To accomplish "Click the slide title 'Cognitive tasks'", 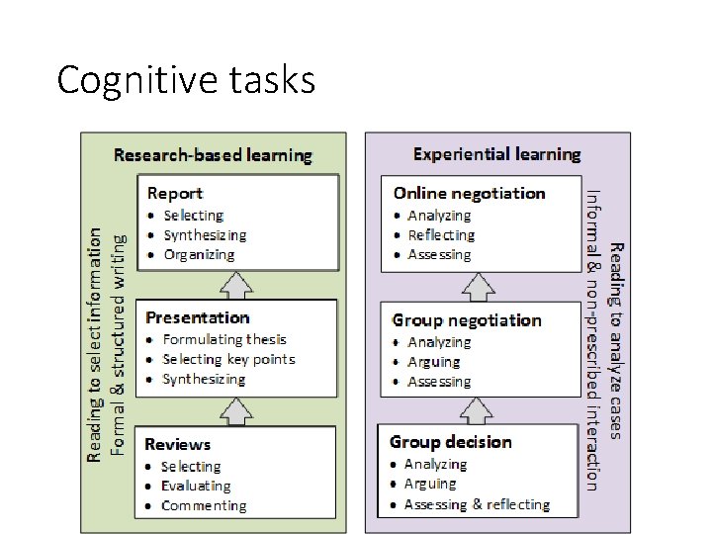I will pyautogui.click(x=186, y=79).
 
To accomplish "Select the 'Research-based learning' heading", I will pyautogui.click(x=213, y=154).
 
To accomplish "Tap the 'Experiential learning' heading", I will pyautogui.click(x=496, y=154).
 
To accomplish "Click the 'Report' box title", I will pyautogui.click(x=175, y=193).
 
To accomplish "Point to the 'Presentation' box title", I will pyautogui.click(x=197, y=317).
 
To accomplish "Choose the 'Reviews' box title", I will pyautogui.click(x=178, y=444).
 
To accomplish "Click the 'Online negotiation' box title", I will pyautogui.click(x=469, y=193).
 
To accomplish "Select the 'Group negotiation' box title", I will pyautogui.click(x=467, y=320).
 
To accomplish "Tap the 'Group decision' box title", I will pyautogui.click(x=451, y=441).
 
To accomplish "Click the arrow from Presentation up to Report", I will pyautogui.click(x=237, y=285).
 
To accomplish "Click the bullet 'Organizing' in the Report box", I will pyautogui.click(x=199, y=254).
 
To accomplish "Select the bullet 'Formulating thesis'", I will pyautogui.click(x=224, y=339).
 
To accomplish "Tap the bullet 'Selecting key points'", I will pyautogui.click(x=228, y=359).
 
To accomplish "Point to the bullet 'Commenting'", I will pyautogui.click(x=204, y=505).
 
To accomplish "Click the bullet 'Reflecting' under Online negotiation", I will pyautogui.click(x=441, y=235).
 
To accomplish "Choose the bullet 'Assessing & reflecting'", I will pyautogui.click(x=477, y=504).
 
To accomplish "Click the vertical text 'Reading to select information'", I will pyautogui.click(x=95, y=344).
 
